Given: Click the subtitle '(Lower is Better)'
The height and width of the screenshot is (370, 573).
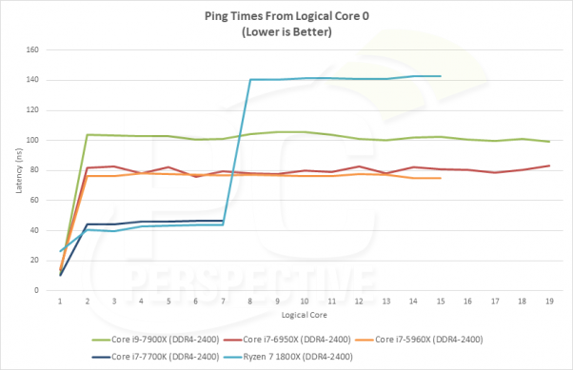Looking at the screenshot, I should coord(286,31).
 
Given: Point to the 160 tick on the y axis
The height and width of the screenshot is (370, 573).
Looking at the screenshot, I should coord(35,49).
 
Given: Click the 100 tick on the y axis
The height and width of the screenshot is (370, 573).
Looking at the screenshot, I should coord(35,140).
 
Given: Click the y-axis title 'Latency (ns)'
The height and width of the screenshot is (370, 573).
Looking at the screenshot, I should coord(17,169).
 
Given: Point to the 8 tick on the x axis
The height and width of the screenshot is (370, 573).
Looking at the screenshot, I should coord(249,300).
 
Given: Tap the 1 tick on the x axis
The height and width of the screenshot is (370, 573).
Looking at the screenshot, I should coord(60,300).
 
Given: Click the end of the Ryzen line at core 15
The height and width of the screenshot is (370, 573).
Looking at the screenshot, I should coord(440,76).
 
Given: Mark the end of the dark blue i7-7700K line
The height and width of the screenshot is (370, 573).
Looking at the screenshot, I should coord(223,221).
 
